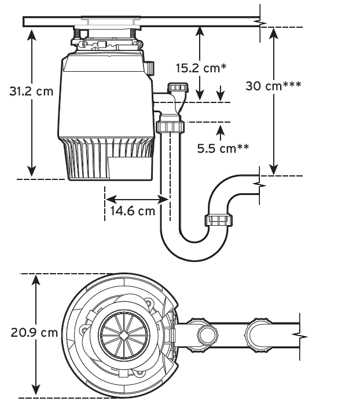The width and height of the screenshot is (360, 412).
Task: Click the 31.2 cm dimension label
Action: point(31,91)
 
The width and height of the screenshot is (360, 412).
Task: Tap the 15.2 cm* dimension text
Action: point(201,68)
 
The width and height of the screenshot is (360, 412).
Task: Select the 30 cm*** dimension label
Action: point(273,86)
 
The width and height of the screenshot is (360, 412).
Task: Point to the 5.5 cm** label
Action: point(223,149)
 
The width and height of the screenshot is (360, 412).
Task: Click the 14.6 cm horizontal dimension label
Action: point(133,211)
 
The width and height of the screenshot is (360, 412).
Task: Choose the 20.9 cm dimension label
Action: point(34,333)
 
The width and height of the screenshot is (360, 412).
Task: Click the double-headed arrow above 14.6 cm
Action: point(137,199)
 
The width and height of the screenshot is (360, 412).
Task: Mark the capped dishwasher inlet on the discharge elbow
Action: point(178,87)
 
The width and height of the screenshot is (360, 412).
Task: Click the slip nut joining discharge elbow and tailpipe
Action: point(170,127)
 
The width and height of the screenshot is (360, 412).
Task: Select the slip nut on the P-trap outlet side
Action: point(218,220)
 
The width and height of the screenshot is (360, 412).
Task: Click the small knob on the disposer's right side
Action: point(149,68)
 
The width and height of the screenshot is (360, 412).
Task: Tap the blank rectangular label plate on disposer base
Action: point(130,168)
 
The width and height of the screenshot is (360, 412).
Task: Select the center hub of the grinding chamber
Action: point(124,334)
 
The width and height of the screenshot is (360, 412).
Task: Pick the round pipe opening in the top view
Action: point(208,335)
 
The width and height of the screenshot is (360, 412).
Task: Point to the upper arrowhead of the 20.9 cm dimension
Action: point(36,281)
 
